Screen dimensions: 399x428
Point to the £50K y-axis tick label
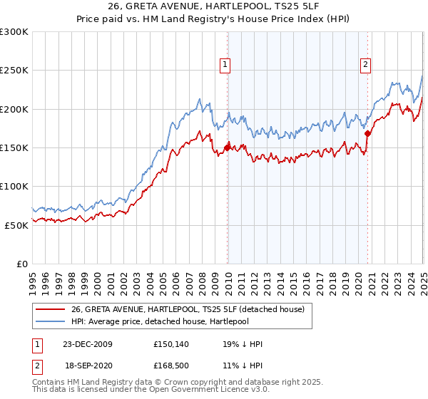16,224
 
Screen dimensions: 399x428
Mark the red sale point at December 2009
228,147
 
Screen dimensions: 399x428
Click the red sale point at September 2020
367,133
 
